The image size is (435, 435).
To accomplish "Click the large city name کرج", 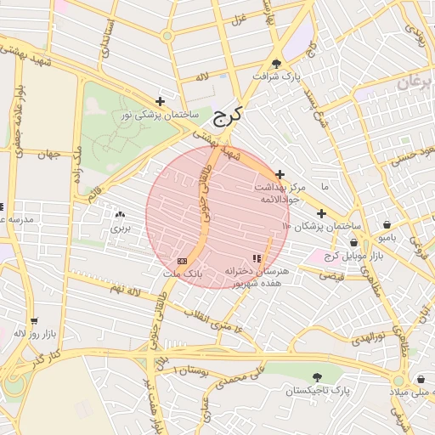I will click(226, 115).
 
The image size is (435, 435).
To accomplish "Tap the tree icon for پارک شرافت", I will click(276, 63).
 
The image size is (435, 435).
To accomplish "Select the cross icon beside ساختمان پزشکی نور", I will click(160, 101).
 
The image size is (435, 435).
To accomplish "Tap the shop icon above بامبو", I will click(387, 225).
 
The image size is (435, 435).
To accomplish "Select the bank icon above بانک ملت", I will click(182, 260).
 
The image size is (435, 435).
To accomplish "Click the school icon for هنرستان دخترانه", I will click(257, 257).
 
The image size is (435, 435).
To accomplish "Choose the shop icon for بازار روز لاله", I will click(34, 320).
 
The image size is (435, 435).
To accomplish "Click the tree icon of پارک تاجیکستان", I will click(317, 376).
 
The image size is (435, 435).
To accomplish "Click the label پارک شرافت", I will click(276, 77).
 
